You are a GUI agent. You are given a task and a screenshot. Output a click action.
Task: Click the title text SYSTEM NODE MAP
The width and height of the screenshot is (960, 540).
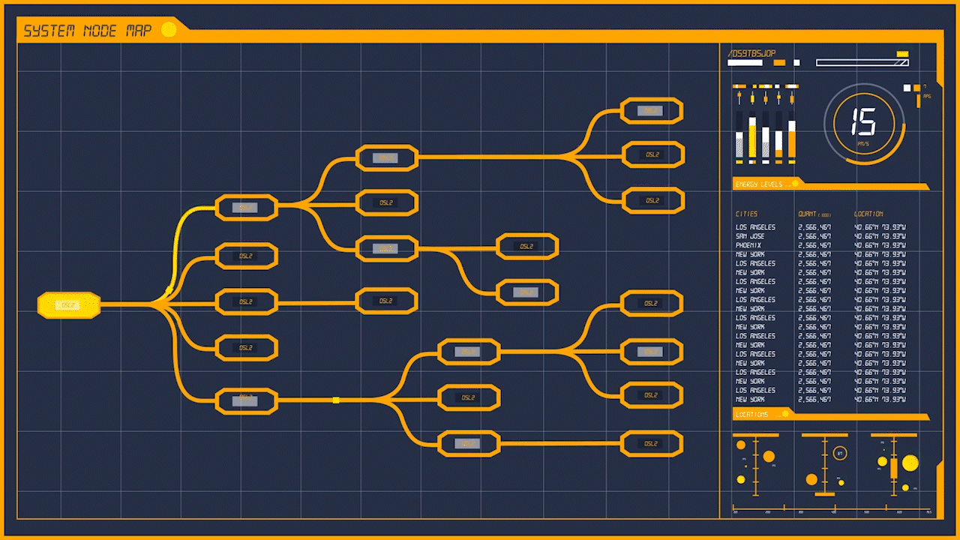[x=87, y=31]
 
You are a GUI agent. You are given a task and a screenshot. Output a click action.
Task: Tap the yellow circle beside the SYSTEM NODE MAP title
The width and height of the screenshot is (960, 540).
[x=169, y=30]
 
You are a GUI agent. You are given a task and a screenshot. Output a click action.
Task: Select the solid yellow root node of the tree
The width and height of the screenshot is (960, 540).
[x=69, y=305]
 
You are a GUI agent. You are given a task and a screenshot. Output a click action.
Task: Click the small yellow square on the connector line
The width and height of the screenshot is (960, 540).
[x=336, y=400]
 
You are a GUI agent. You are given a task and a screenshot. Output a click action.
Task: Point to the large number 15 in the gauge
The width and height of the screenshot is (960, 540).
[x=863, y=121]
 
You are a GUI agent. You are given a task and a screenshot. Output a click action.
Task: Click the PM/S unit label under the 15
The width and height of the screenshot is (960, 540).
[x=863, y=143]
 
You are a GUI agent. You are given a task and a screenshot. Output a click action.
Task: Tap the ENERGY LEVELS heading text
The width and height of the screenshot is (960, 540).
[x=758, y=184]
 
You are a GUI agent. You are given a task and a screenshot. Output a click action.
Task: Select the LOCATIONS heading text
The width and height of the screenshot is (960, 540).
[x=751, y=415]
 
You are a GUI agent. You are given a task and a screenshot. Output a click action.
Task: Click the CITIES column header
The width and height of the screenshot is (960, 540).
[x=746, y=214]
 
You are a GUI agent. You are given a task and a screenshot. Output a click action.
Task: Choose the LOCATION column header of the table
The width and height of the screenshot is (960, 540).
[x=868, y=214]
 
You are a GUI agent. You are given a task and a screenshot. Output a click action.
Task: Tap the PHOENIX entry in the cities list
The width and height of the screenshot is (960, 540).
[x=748, y=245]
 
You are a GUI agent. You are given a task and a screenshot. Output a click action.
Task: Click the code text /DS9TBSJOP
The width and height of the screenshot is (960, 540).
[x=751, y=54]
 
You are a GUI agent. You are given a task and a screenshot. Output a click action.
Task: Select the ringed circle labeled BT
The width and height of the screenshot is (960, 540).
[x=840, y=454]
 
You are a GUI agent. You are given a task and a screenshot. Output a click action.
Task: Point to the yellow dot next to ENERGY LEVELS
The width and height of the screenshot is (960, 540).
[x=795, y=184]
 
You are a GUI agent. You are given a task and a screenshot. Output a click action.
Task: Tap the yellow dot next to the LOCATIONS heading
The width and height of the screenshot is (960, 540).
[x=785, y=413]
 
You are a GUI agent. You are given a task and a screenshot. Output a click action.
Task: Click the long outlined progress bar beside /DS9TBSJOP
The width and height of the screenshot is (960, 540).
[x=862, y=63]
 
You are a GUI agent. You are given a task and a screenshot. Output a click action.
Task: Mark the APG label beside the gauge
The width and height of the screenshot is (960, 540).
[x=927, y=97]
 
